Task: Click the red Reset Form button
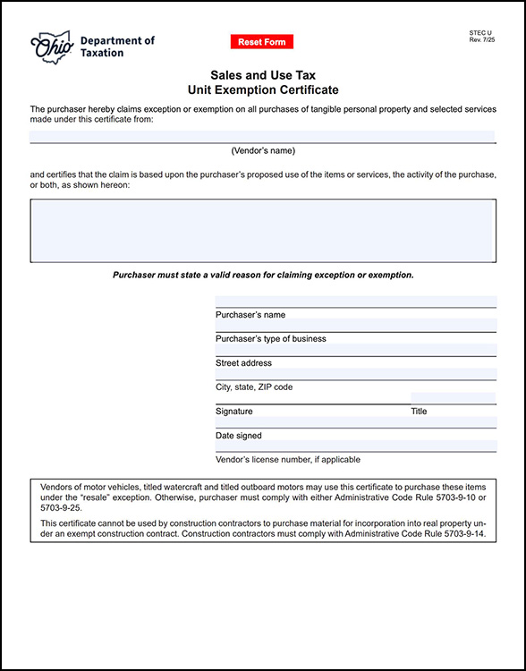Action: (261, 42)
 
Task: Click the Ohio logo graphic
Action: (52, 47)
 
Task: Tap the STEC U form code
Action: (480, 33)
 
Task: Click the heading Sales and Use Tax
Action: (263, 76)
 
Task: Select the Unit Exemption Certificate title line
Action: (263, 90)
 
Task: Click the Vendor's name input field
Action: (262, 136)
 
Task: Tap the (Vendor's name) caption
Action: (263, 150)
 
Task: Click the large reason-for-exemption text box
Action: (263, 230)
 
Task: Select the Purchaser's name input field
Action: (355, 302)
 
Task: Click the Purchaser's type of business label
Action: (271, 339)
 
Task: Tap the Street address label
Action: (243, 363)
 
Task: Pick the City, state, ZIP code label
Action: (254, 387)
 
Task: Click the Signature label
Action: (234, 412)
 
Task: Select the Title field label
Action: (419, 412)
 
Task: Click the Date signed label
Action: (239, 436)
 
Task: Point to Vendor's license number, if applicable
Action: (288, 460)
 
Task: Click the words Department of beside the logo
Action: (117, 41)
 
